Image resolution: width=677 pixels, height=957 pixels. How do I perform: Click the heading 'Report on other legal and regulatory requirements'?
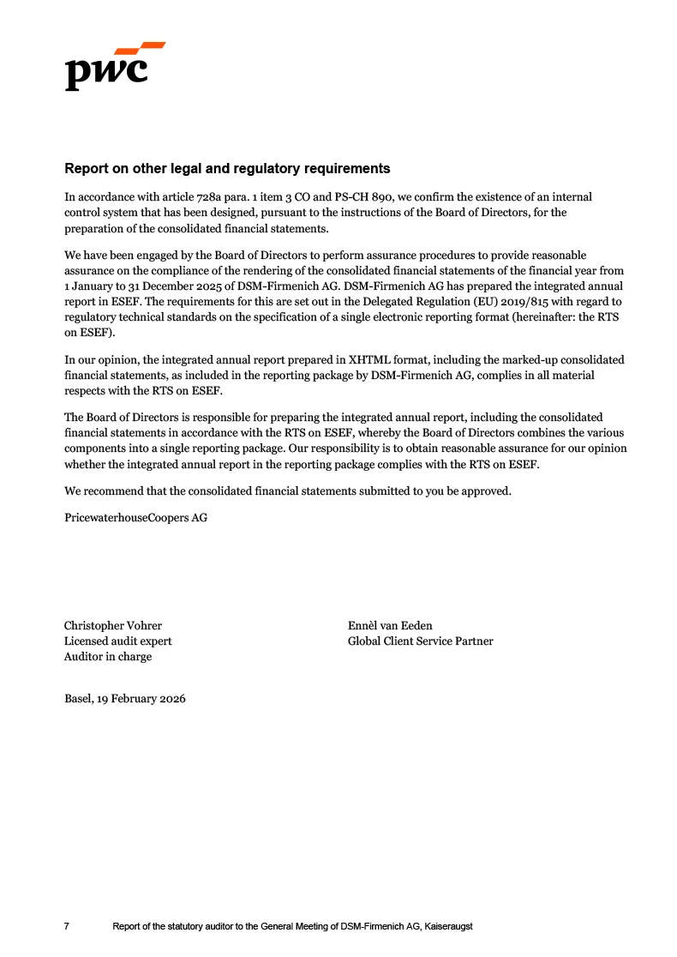[227, 168]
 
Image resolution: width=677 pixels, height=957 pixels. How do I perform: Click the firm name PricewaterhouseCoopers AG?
[135, 518]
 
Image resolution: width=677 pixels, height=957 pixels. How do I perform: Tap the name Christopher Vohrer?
[113, 626]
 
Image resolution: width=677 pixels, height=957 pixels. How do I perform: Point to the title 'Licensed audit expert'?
[118, 641]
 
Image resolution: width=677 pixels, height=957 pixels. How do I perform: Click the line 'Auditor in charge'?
[108, 657]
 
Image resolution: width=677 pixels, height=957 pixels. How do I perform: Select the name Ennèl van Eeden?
[390, 626]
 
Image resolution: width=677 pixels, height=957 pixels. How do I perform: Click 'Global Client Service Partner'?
[420, 641]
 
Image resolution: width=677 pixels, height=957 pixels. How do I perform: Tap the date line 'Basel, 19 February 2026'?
[125, 699]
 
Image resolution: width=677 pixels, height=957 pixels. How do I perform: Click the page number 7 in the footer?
[67, 927]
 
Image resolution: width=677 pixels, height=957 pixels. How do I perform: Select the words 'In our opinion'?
[100, 361]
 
